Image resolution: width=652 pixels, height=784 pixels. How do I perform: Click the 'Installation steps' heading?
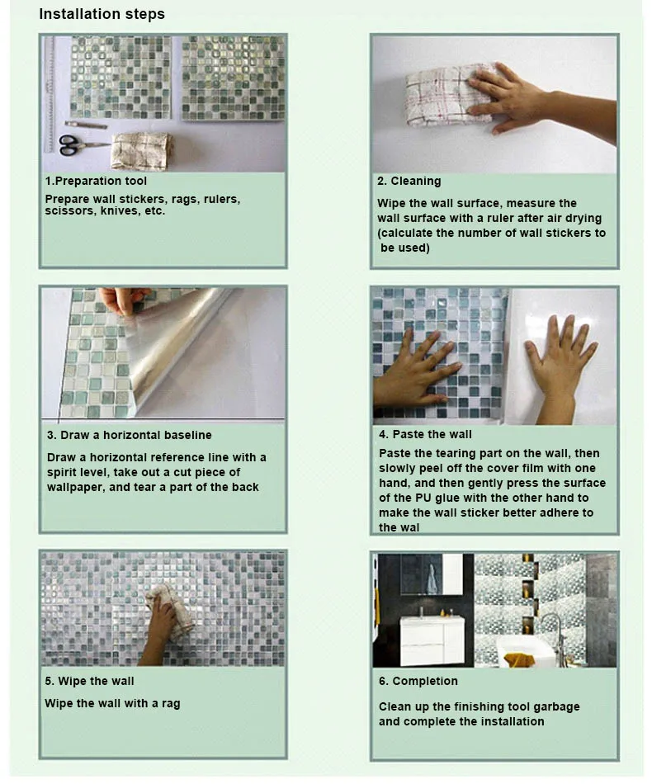coord(102,14)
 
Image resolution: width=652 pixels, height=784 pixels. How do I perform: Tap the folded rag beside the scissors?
coord(142,150)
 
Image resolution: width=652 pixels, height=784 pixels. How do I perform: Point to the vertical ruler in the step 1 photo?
coord(50,95)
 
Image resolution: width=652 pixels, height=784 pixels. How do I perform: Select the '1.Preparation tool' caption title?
coord(96,181)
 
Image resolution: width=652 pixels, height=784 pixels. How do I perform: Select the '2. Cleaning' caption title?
coord(409,181)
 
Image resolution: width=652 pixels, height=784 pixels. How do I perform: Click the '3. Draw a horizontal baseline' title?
coord(130,435)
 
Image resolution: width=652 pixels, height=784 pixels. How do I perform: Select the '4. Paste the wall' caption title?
coord(425,434)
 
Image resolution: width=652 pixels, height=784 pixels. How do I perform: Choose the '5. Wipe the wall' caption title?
coord(89,681)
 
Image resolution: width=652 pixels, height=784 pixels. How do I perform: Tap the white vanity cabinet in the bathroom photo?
coord(433,640)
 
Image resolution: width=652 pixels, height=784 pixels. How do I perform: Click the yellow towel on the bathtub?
coord(518,659)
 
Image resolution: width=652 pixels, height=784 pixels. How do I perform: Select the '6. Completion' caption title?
coord(418,681)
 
